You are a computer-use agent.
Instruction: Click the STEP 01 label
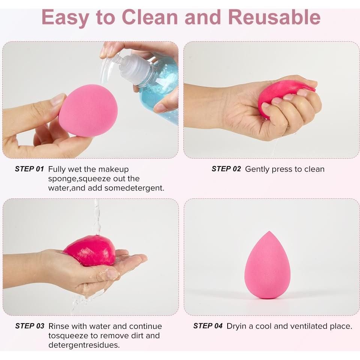click(30, 169)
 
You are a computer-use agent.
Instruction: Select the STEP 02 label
click(226, 169)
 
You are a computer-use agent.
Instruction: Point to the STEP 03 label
click(30, 326)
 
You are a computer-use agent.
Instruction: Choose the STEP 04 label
click(208, 326)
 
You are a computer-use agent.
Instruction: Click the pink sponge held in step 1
click(88, 110)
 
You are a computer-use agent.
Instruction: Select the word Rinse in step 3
click(59, 326)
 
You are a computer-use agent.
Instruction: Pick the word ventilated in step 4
click(306, 326)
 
